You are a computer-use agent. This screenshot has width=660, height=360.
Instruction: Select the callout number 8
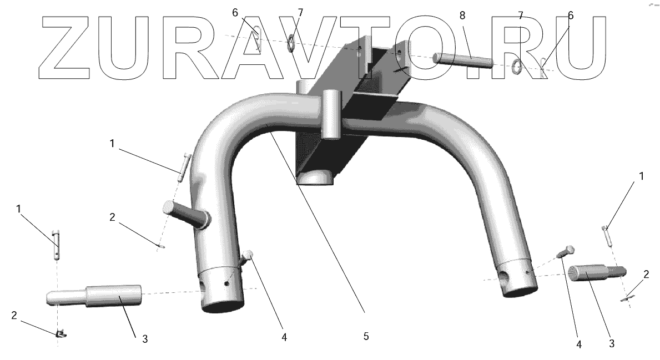pos(462,16)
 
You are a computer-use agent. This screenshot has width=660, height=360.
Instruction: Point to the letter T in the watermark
pos(365,48)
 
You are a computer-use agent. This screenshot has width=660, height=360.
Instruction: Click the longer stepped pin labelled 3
pos(93,296)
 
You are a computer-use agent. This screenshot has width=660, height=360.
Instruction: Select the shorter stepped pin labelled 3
pos(597,273)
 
